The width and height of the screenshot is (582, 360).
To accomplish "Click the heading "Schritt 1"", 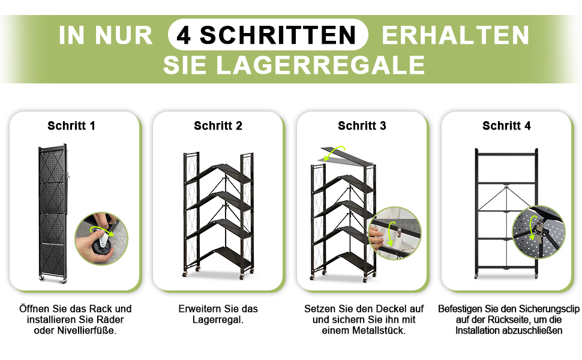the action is click(x=71, y=126).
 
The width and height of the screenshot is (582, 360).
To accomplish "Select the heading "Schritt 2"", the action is click(x=218, y=126).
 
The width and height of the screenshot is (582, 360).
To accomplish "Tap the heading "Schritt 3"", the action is click(x=362, y=126).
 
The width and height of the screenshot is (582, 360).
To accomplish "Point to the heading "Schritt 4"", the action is click(x=506, y=126).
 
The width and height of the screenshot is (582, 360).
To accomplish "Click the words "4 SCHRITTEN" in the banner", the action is click(x=266, y=35).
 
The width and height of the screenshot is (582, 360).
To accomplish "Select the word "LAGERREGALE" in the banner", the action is click(x=320, y=65).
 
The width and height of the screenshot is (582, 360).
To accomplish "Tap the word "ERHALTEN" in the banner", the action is click(x=455, y=35).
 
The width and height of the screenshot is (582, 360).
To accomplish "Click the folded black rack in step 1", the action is click(x=53, y=214).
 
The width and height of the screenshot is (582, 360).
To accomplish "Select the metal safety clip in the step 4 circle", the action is click(x=539, y=227).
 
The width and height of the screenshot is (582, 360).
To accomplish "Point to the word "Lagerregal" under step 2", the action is click(x=217, y=320).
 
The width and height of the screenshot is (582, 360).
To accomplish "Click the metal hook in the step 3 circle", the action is click(x=399, y=232).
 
